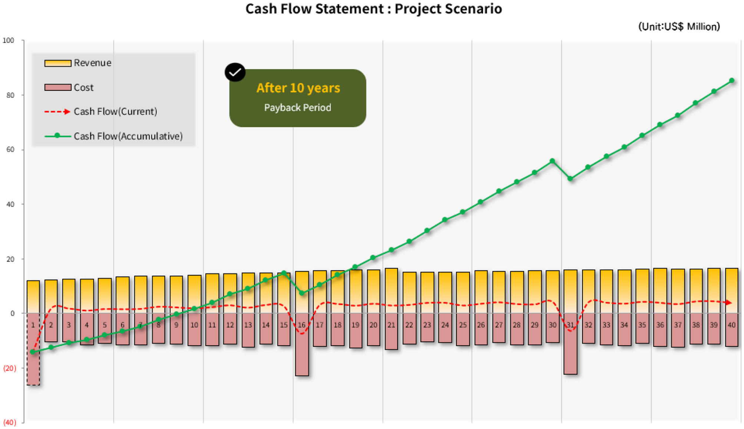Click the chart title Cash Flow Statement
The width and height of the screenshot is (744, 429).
(373, 9)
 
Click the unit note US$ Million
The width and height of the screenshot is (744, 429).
(679, 27)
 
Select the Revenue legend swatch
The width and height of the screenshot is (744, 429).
(58, 63)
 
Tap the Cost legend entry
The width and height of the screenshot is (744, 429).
(83, 87)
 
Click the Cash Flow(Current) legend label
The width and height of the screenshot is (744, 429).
(115, 112)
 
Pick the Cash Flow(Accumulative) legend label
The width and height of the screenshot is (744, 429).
(128, 136)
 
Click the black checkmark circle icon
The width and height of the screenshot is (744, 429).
(235, 72)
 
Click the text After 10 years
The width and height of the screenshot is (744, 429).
(298, 88)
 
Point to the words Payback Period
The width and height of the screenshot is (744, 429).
(298, 108)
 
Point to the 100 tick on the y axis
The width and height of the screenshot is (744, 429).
(8, 40)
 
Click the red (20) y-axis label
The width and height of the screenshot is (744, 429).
(10, 368)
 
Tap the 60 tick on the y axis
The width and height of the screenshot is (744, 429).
(10, 150)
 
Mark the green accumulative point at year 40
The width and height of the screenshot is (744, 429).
(732, 80)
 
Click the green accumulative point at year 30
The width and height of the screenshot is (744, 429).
(552, 161)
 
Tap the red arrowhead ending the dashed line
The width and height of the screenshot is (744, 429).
(729, 303)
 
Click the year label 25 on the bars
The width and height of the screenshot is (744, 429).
(463, 325)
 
